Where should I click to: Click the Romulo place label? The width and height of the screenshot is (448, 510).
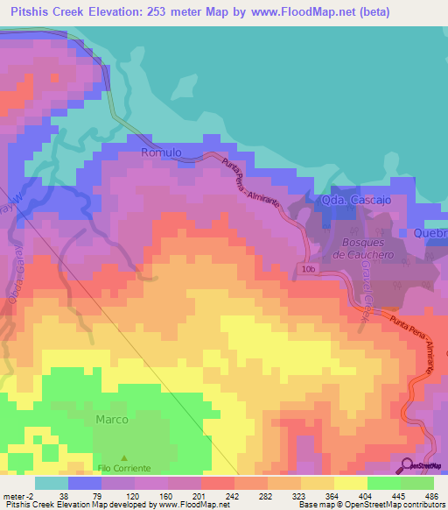coord(161,152)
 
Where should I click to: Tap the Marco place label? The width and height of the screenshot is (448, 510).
coord(111,420)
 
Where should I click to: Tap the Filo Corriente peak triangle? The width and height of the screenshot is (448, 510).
coord(123,458)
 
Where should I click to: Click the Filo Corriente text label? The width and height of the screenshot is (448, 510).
coord(123,468)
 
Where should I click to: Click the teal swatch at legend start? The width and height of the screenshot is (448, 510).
coord(52,483)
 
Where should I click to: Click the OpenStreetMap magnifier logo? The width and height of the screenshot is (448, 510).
coord(407,465)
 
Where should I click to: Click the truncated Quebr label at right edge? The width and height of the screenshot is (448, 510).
coord(430,234)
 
